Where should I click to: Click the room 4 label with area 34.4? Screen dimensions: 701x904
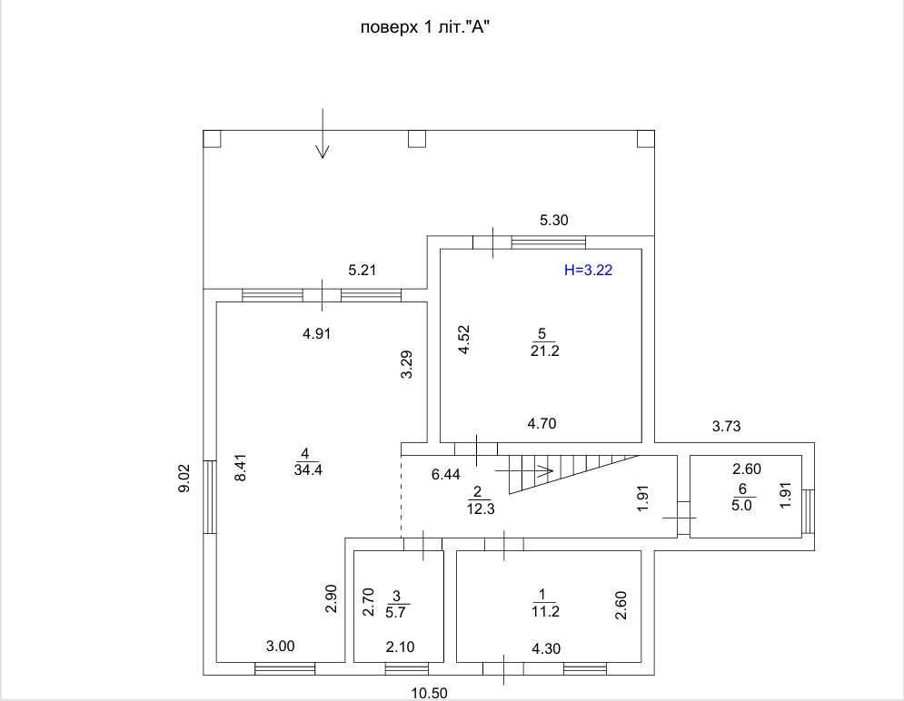pos(306,461)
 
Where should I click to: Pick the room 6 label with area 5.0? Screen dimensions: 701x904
pos(742,498)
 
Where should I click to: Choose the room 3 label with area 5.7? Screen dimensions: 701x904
pos(397,604)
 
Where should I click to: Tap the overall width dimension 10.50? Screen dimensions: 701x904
pos(431,693)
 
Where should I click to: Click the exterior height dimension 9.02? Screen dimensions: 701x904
pos(185,477)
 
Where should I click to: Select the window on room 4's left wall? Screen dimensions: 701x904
pos(209,497)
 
